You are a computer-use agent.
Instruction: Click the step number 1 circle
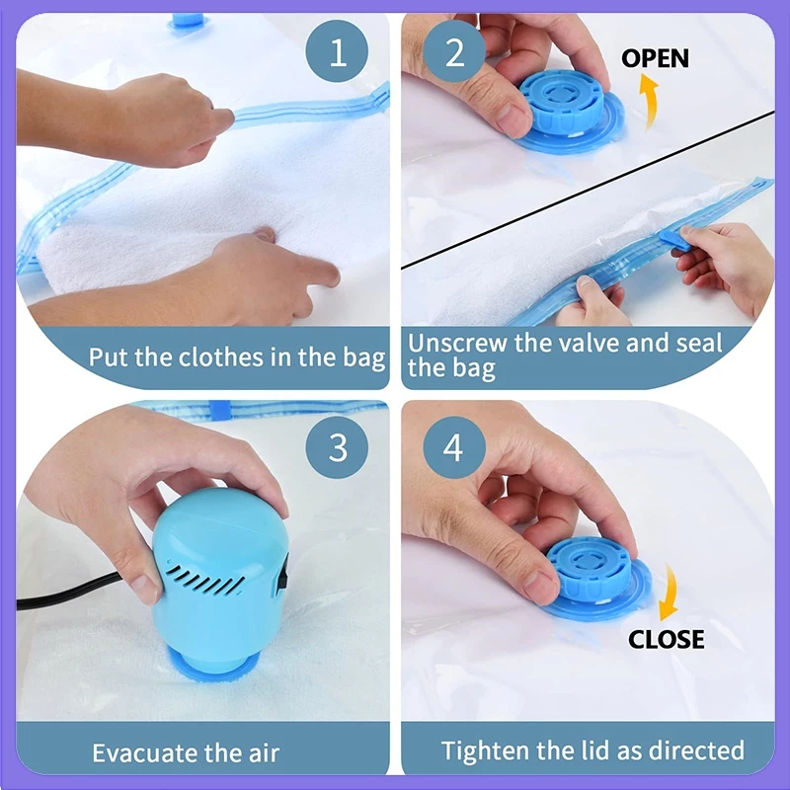[x=337, y=51]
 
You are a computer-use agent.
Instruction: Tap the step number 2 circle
[x=454, y=51]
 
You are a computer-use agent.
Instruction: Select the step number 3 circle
[x=337, y=447]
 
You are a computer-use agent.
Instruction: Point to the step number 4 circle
[x=454, y=447]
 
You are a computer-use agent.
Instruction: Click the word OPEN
[x=655, y=58]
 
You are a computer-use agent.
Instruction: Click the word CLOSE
[x=666, y=639]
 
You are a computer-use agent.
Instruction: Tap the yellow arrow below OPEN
[x=650, y=101]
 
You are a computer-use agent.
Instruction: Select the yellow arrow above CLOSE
[x=670, y=592]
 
